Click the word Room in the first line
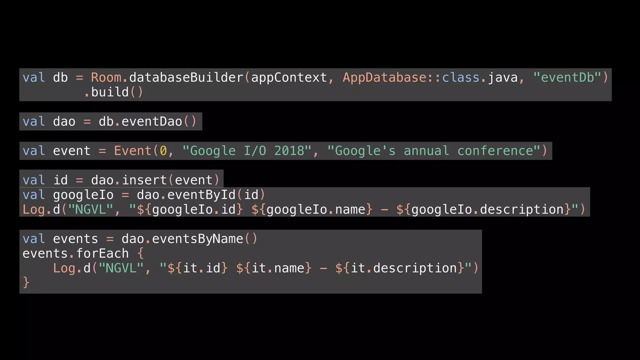click(106, 77)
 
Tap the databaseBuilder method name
click(186, 77)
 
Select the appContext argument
click(289, 77)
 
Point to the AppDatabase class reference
click(384, 77)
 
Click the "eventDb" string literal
click(567, 77)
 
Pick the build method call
click(110, 92)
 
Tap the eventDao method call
click(152, 122)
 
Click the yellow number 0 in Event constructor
click(163, 151)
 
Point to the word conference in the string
click(495, 151)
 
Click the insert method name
click(144, 180)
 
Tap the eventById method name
click(201, 195)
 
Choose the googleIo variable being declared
click(83, 195)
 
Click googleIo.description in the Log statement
click(487, 210)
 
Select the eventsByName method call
click(197, 239)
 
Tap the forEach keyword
click(102, 253)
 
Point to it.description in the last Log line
click(404, 268)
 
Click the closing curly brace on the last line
click(26, 282)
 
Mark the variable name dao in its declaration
click(64, 122)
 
